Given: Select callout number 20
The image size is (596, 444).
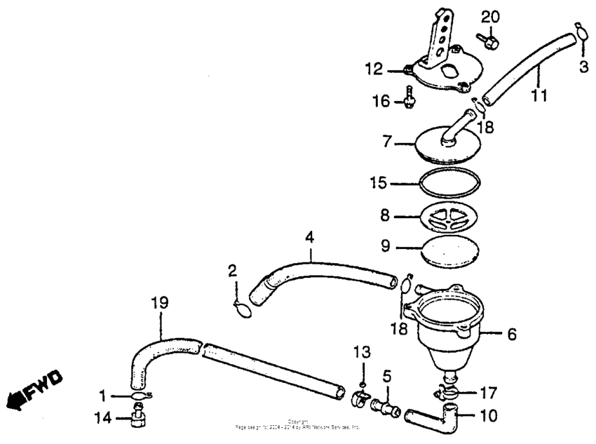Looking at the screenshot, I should (x=491, y=16).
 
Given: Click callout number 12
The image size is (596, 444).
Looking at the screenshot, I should (x=374, y=69).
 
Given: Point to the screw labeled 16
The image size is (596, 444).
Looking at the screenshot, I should (x=408, y=99).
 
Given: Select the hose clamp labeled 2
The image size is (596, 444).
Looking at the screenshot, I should (x=241, y=309).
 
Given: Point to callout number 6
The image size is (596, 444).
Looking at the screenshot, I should (x=511, y=335).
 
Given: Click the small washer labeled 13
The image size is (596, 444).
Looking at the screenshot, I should (x=360, y=384).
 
